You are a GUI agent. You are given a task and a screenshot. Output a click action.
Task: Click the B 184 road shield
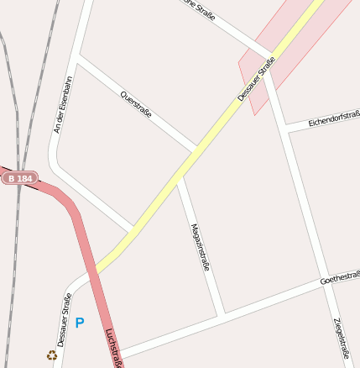click(19, 178)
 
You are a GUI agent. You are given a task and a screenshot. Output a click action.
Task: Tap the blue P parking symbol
click(80, 322)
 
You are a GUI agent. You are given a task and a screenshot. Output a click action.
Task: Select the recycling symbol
click(51, 355)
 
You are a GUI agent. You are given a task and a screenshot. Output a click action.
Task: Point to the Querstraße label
click(136, 103)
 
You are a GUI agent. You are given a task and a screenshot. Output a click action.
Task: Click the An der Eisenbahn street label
click(63, 104)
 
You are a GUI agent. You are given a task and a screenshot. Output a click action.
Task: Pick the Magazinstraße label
click(200, 247)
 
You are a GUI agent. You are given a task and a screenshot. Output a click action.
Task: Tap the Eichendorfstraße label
click(334, 119)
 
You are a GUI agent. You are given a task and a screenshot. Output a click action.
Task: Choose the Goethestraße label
click(340, 276)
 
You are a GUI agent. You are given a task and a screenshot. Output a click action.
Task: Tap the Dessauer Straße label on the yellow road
click(256, 79)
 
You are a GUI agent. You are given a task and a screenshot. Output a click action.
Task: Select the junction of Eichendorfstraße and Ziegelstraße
click(287, 129)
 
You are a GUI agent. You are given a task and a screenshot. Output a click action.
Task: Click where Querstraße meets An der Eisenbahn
click(78, 58)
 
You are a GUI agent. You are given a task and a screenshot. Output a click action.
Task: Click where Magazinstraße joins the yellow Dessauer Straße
click(177, 178)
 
